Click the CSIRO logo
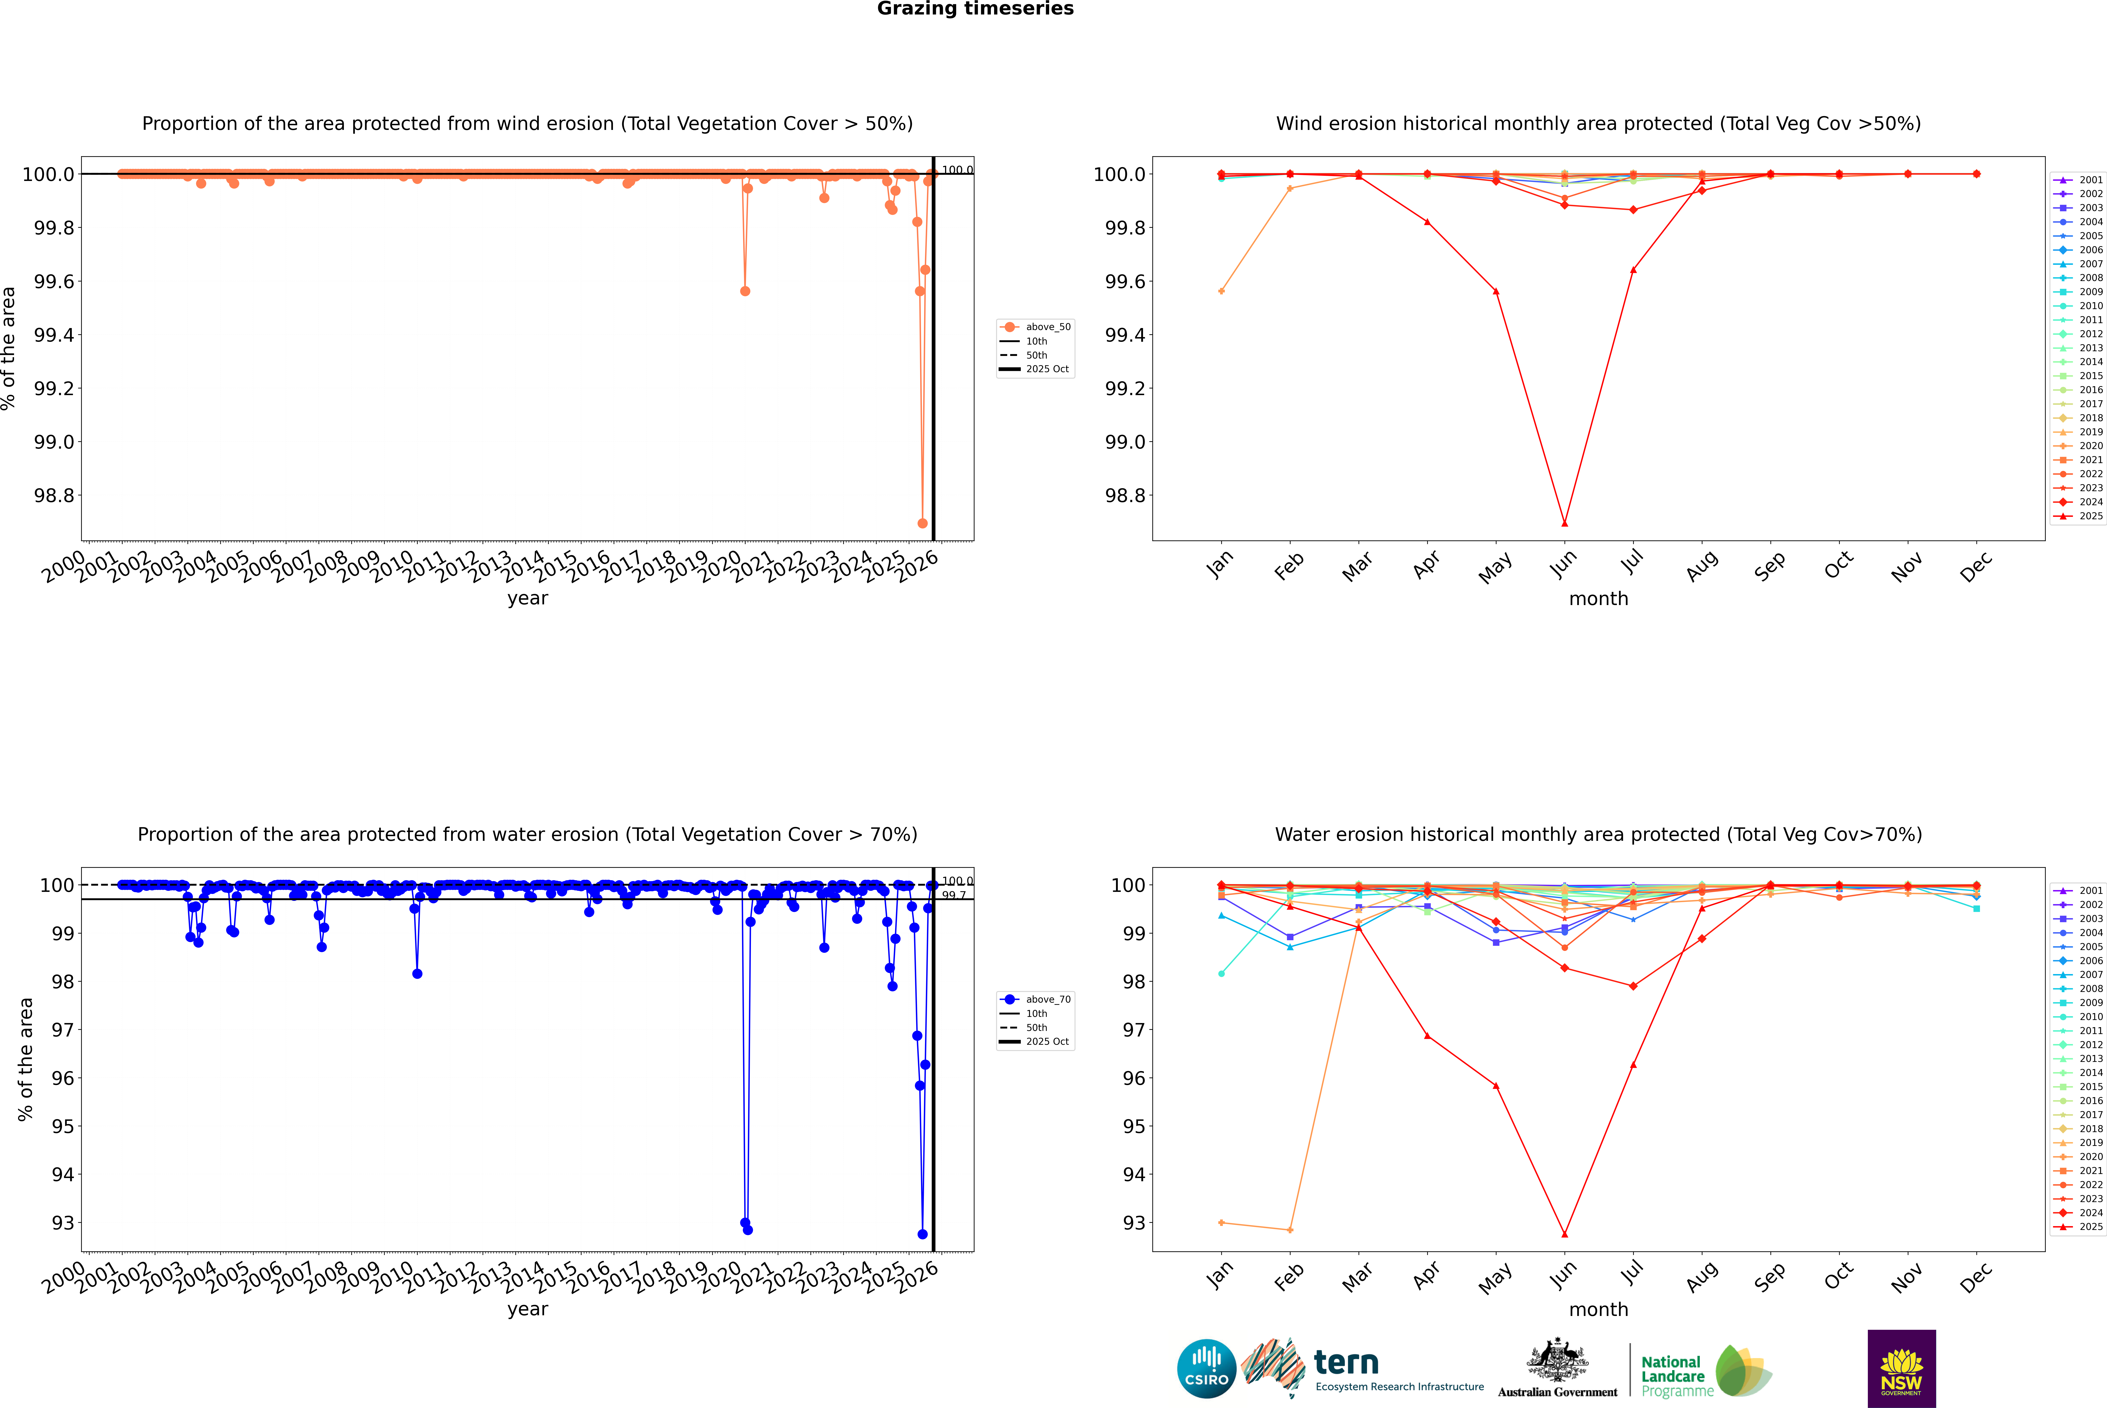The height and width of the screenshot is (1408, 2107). tap(1206, 1369)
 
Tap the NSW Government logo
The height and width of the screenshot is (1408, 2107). tap(1901, 1369)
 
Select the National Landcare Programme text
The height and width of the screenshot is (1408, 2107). tap(1672, 1376)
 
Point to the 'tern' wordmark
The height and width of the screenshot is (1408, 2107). tap(1345, 1363)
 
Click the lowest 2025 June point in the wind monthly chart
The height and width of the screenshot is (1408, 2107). tap(1564, 523)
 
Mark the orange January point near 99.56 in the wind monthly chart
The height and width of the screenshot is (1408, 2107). tap(1221, 291)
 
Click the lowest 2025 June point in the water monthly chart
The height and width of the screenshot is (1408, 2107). tap(1564, 1234)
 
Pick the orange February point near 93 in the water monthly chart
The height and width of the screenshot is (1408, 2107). tap(1290, 1229)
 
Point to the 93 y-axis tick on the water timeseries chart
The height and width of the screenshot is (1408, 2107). tap(63, 1223)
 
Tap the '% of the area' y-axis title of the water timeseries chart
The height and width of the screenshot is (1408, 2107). tap(25, 1060)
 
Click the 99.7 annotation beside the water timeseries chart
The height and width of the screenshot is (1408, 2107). tap(954, 895)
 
